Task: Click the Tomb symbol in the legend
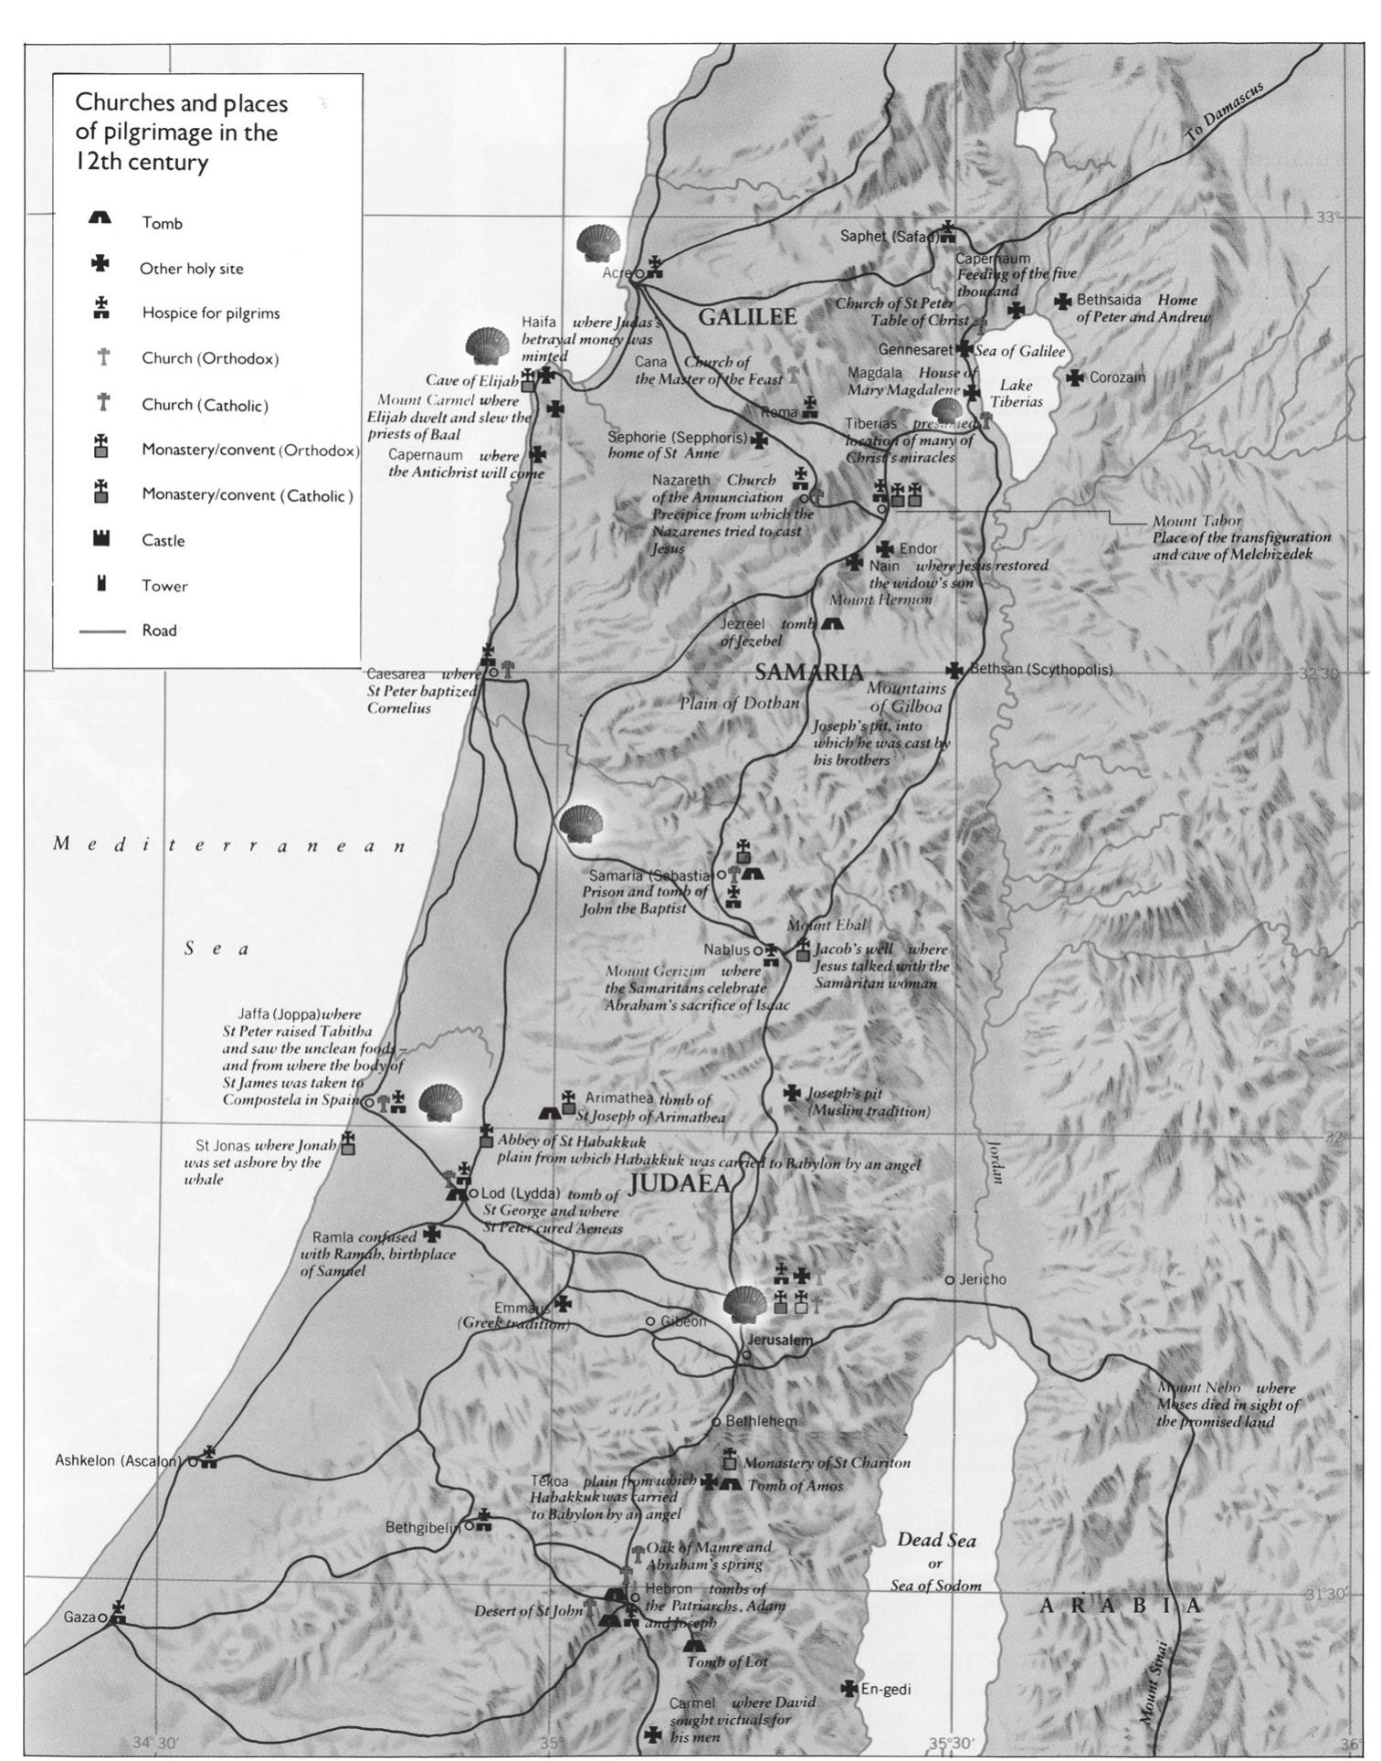100,218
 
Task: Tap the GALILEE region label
747,317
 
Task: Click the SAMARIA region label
808,673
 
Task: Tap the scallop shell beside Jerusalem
744,1303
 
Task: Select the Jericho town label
982,1278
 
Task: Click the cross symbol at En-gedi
849,1688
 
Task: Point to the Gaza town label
79,1617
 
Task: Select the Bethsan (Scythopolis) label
1041,669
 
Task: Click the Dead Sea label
935,1540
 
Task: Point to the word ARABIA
1121,1606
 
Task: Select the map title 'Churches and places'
180,102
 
